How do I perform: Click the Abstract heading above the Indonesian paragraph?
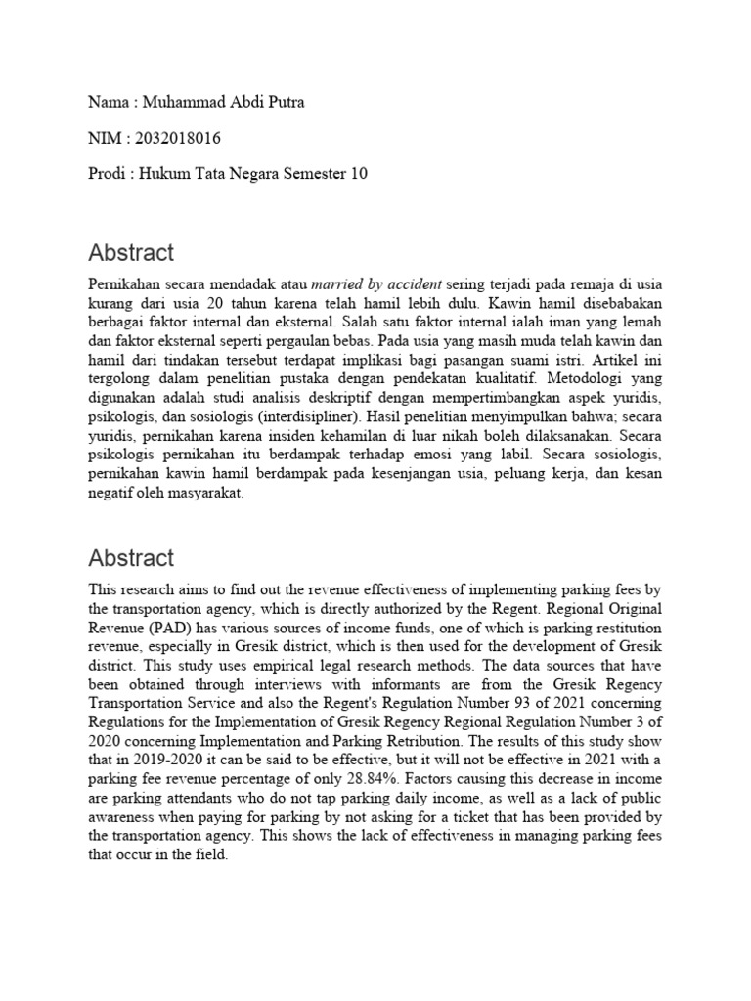coord(131,253)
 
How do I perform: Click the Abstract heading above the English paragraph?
coord(131,558)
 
